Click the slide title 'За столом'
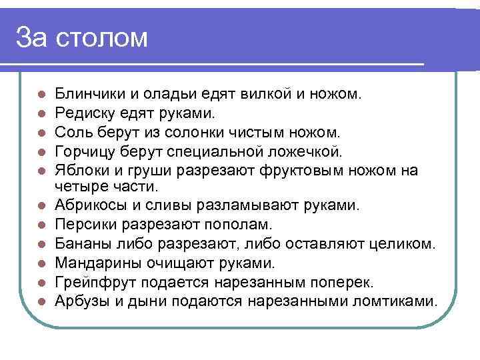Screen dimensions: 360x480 pyautogui.click(x=82, y=37)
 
